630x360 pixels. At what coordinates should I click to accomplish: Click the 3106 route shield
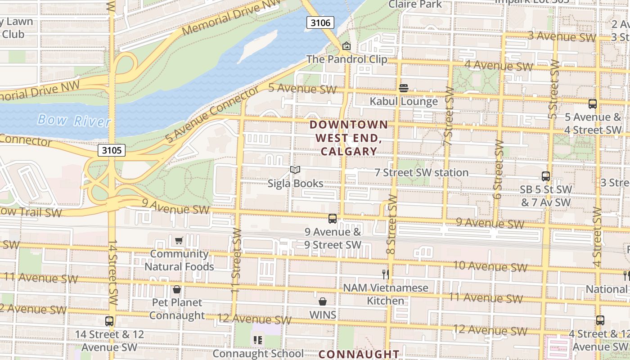pos(320,22)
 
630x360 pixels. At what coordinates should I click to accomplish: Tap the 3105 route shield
pos(111,150)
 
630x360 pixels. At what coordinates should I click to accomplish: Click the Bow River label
pos(74,121)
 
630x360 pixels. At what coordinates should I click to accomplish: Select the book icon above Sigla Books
pos(295,170)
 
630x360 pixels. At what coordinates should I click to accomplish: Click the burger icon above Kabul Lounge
pos(404,87)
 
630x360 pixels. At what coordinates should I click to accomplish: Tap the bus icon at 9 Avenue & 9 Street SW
pos(333,219)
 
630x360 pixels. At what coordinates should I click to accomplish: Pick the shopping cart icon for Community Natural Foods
pos(179,240)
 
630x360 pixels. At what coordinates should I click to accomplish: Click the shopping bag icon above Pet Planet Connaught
pos(177,289)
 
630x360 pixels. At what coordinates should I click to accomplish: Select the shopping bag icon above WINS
pos(323,301)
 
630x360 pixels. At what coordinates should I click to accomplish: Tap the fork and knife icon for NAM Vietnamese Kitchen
pos(385,274)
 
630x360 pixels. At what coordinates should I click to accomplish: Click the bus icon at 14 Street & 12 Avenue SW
pos(109,321)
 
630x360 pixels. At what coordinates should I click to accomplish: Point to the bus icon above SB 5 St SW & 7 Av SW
pos(546,176)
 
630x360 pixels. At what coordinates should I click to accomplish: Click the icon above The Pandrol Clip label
pos(346,46)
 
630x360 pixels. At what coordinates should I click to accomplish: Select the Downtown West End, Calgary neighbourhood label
pos(349,138)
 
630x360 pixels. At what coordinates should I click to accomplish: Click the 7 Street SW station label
pos(422,172)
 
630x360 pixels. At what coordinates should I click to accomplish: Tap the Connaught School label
pos(258,353)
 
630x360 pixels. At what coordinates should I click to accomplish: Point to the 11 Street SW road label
pos(237,261)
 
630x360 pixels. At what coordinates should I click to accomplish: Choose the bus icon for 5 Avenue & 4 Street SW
pos(593,104)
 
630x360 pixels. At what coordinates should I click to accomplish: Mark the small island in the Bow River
pos(256,46)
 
